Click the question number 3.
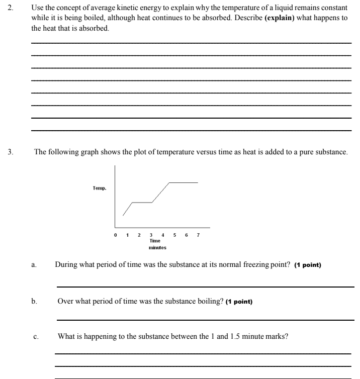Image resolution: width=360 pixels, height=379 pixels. click(x=11, y=151)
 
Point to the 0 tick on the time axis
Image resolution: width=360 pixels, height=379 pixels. click(x=116, y=235)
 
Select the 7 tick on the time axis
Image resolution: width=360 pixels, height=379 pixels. click(x=198, y=235)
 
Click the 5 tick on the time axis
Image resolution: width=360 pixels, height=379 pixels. click(x=174, y=235)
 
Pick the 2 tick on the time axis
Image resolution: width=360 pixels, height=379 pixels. click(x=139, y=235)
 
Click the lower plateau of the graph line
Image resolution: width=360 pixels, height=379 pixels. click(x=142, y=203)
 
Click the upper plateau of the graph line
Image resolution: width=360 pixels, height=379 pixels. click(x=184, y=182)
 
